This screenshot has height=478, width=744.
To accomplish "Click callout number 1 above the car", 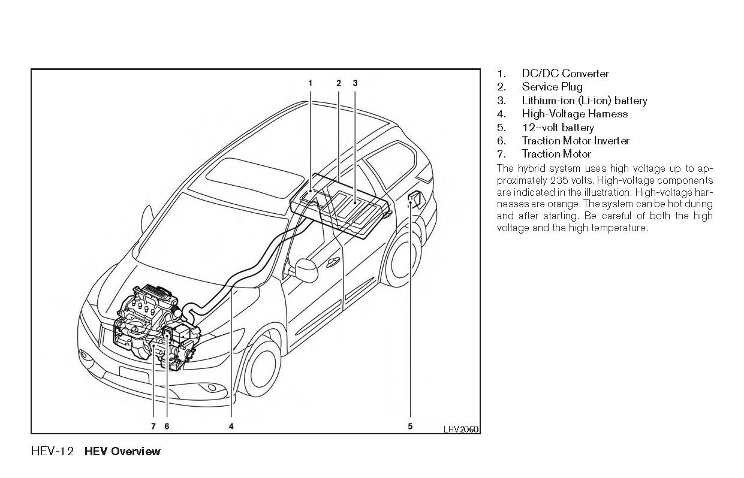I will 310,83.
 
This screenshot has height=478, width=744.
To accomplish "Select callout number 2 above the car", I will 339,83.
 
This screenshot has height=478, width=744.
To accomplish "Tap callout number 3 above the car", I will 355,83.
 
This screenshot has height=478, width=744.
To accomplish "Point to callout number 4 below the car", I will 231,426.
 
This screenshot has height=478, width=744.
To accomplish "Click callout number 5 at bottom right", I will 411,426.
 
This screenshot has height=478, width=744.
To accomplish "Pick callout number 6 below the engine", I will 167,426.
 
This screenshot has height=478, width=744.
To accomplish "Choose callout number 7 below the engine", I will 153,426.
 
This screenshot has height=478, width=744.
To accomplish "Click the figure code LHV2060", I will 460,429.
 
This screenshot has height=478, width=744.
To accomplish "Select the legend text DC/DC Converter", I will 565,74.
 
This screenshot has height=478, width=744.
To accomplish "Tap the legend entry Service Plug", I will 552,87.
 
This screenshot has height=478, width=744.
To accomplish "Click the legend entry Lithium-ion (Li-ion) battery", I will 584,101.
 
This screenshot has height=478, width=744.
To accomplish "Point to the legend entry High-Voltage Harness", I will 574,114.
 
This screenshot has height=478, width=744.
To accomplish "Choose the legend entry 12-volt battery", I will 558,128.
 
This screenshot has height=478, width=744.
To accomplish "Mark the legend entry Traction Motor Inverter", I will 575,141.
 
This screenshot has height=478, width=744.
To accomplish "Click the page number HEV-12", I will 52,452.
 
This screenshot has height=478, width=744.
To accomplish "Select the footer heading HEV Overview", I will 122,452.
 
